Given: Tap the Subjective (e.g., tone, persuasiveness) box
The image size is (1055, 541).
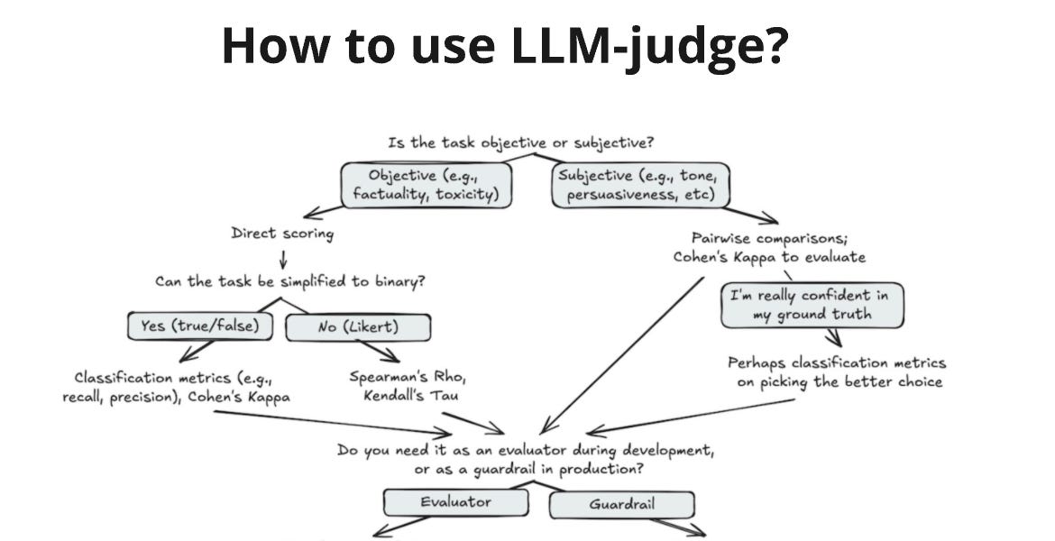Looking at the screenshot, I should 640,184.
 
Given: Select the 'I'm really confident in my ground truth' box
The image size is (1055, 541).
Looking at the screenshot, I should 812,305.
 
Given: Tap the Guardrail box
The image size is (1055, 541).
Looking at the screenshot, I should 621,504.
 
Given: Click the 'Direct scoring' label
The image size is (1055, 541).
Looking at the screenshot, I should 282,234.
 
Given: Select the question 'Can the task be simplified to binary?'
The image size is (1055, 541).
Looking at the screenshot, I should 290,280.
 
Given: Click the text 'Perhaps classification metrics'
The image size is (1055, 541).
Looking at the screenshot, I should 837,362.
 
